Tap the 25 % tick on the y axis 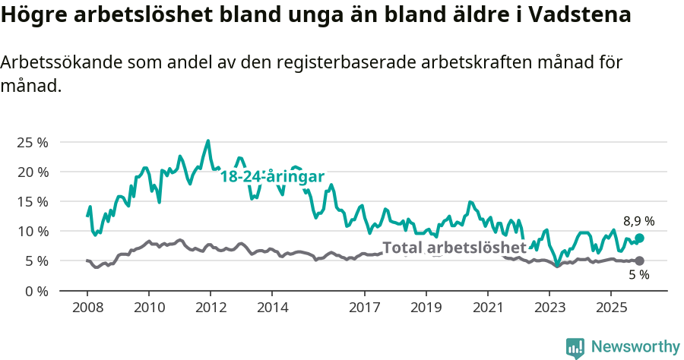(x=32, y=142)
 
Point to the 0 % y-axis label (x=36, y=290)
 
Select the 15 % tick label (x=32, y=201)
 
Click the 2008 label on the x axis (x=87, y=308)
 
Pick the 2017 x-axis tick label (x=364, y=308)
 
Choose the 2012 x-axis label (x=211, y=308)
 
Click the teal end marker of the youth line (x=640, y=238)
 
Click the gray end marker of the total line (x=639, y=261)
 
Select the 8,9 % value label (x=639, y=221)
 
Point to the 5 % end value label (x=638, y=275)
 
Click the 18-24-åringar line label (x=272, y=176)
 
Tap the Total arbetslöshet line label (x=454, y=248)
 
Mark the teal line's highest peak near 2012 (x=208, y=141)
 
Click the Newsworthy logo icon (x=575, y=348)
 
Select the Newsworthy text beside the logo (x=635, y=347)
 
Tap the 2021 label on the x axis (x=487, y=308)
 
